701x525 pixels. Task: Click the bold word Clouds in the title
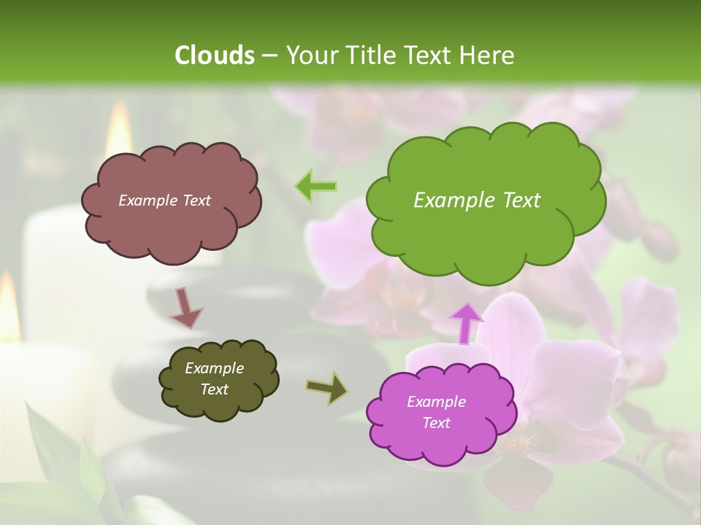tap(214, 55)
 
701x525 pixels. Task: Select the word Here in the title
tap(488, 55)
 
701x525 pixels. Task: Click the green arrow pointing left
tap(316, 187)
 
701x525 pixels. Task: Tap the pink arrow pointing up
tap(466, 323)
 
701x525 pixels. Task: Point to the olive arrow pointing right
tap(327, 387)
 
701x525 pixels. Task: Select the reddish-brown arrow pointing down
tap(186, 308)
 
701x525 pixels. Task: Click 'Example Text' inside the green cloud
tap(477, 201)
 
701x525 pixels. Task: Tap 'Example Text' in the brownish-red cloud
tap(164, 201)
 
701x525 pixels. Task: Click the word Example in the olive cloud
tap(214, 368)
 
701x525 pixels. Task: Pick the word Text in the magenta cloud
tap(436, 423)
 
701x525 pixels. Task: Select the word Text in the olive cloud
tap(214, 389)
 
